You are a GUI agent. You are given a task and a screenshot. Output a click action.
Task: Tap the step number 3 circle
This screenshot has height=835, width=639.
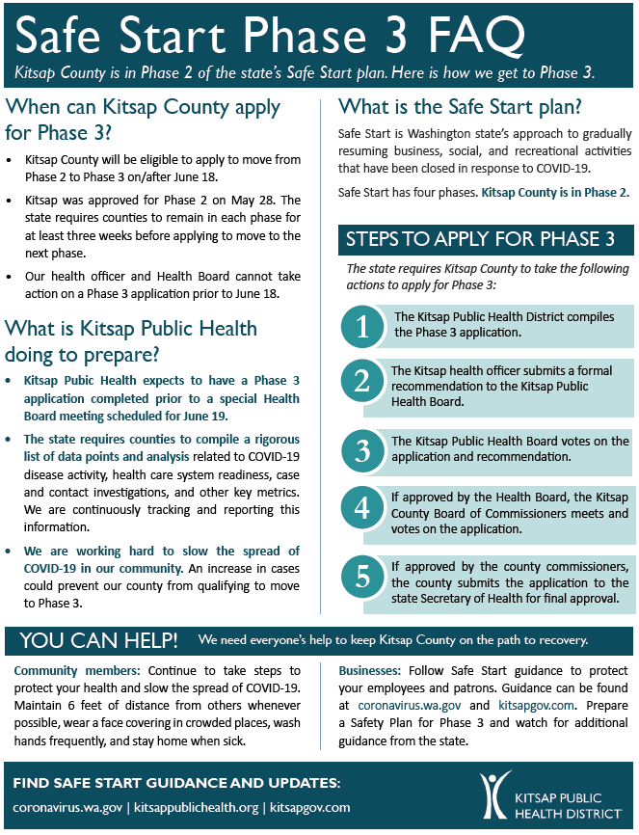363,449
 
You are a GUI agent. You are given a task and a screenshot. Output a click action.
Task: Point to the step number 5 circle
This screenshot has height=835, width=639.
363,577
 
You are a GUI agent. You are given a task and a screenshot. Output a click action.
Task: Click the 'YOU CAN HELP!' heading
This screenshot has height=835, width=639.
98,640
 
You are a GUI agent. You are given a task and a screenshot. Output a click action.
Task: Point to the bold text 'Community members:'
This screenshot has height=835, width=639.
65,670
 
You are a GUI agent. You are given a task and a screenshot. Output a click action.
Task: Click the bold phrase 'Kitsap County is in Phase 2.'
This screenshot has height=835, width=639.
555,193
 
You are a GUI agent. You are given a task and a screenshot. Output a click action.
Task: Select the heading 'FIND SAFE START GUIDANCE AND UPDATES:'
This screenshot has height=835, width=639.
176,782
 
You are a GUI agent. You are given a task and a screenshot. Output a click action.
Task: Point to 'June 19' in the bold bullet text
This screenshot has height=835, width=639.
203,416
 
